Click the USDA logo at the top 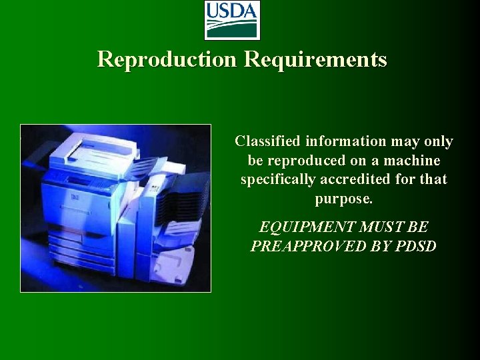tap(231, 20)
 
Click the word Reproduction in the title tap(167, 59)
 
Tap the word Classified tap(268, 141)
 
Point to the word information tap(345, 141)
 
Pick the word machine tap(412, 161)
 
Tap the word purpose tap(343, 199)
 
